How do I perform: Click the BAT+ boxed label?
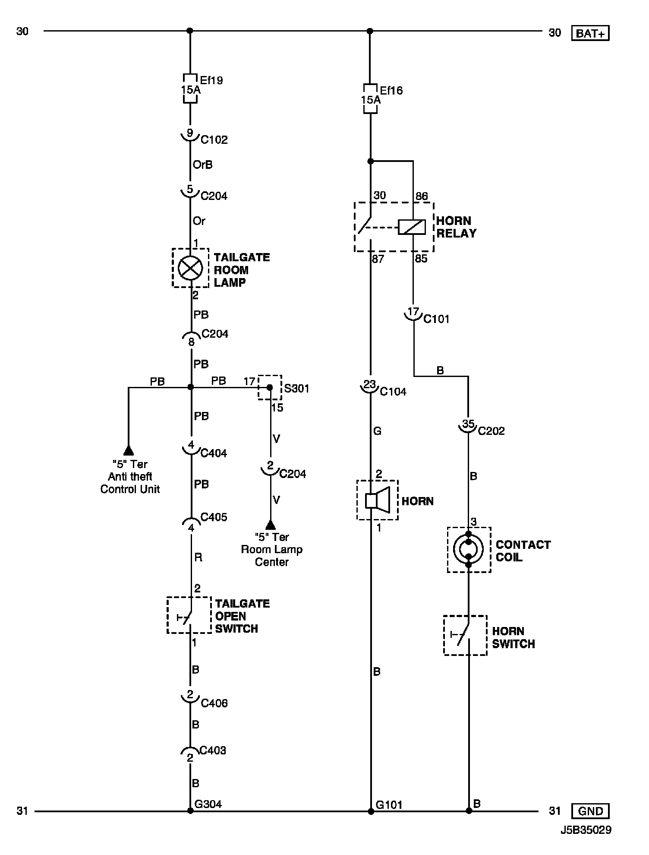[590, 33]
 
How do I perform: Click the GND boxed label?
[590, 811]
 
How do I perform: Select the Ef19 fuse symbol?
[190, 89]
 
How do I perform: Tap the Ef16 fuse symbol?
[370, 99]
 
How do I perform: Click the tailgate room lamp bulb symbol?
[190, 268]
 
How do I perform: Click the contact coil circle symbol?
[469, 549]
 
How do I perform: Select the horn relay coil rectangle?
[412, 227]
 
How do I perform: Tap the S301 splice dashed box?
[270, 387]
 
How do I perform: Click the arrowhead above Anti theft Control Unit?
[129, 451]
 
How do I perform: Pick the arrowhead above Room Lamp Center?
[271, 525]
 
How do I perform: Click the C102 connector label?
[214, 140]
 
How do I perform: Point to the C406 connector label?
[214, 703]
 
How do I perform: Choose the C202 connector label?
[491, 431]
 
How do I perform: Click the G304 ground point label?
[208, 804]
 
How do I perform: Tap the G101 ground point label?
[389, 805]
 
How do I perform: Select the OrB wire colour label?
[202, 165]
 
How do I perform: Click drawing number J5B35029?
[586, 830]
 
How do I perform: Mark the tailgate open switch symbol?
[189, 615]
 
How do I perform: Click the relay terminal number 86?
[421, 196]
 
